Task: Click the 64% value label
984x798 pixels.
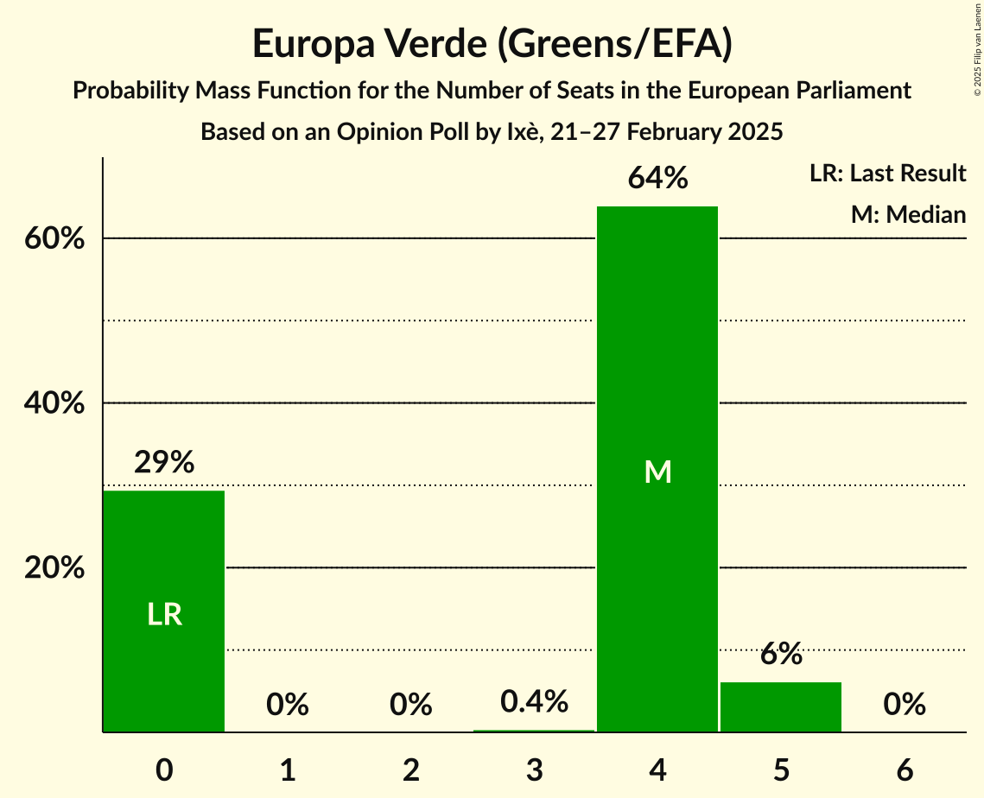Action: pos(657,179)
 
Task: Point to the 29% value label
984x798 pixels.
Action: pos(164,463)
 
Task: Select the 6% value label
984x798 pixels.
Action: pos(781,655)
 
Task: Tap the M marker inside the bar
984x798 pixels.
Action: pos(657,472)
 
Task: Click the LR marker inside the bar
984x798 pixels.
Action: pos(164,615)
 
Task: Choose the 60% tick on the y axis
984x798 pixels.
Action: pos(54,239)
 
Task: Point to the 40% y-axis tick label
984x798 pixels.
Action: pos(54,403)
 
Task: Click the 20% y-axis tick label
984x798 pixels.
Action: pos(54,568)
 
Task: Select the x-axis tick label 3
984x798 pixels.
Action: pos(535,769)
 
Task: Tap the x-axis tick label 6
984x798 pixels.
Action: pos(905,769)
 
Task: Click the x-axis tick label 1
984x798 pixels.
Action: pos(288,769)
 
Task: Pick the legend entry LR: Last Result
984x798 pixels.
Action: pos(887,174)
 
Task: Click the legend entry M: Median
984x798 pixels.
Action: pos(908,214)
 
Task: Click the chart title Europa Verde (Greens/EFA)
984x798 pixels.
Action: pos(492,44)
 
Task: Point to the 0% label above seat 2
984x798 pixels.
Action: pos(411,705)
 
